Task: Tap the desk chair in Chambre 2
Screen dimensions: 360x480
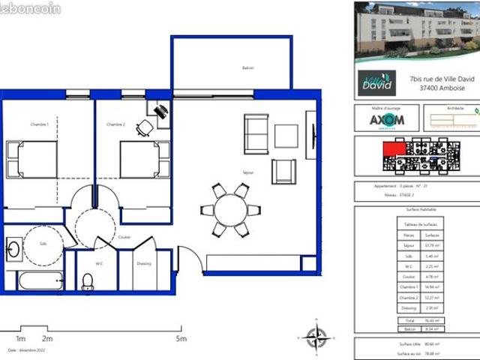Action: coord(145,128)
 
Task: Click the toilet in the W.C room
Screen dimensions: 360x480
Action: coord(87,281)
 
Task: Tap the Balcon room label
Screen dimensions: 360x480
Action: coord(247,68)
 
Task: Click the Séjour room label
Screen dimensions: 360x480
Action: coord(247,172)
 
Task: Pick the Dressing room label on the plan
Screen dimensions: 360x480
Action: coord(144,263)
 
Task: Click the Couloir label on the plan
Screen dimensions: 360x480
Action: coord(124,237)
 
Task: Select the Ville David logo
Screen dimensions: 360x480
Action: coord(381,80)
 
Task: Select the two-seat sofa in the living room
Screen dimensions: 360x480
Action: coord(256,134)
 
